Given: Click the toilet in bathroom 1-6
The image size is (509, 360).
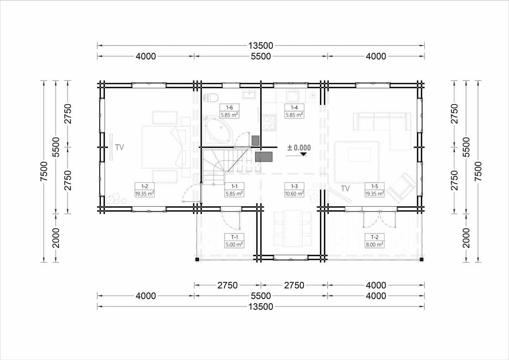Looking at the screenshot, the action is point(211,98).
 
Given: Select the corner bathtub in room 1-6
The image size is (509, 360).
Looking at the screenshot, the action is point(218,130).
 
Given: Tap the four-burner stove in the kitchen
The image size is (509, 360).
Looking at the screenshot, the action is point(269,123).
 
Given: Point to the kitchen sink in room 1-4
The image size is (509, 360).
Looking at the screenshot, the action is point(292,95).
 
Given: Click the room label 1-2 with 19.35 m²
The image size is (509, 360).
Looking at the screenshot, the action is point(144,190).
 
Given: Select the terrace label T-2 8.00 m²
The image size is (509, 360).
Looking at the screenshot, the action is point(374,241).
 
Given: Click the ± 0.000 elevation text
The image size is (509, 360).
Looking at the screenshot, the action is point(299,148).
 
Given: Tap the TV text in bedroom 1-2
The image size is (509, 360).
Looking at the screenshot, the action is point(119,147).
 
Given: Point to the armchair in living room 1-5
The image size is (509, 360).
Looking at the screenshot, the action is point(402,188).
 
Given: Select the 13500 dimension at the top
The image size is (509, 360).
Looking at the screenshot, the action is point(260,46).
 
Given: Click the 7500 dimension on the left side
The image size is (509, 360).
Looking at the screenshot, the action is point(44,171).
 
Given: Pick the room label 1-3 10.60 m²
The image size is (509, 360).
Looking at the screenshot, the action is point(294,190).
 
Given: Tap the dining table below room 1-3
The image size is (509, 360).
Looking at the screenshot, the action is point(293,228).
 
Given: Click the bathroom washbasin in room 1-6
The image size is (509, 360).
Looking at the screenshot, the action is point(249,94).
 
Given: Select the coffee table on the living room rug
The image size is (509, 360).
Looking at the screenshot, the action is point(360,155).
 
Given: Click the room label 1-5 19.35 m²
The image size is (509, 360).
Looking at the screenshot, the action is point(374,190).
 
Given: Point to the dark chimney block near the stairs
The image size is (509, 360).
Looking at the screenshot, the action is point(263,157).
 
